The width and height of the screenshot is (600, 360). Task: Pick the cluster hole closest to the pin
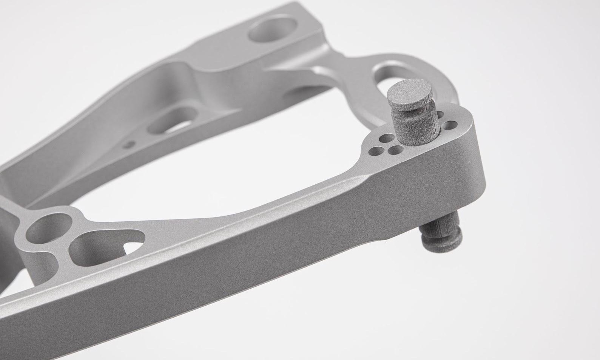coord(395,151)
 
